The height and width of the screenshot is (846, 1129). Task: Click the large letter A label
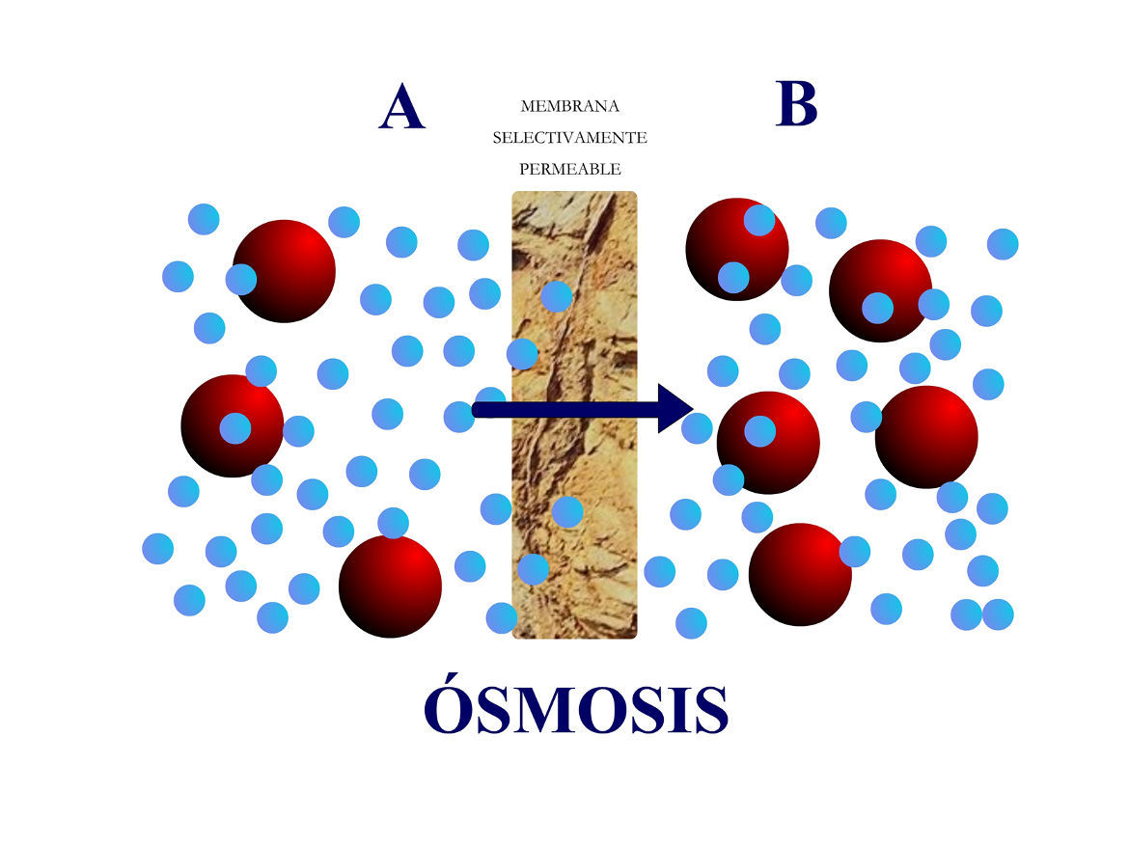[401, 107]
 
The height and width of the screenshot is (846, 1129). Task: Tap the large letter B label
[796, 104]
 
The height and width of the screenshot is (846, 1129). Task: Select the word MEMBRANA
[569, 106]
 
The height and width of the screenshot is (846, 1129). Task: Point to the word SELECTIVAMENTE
[569, 138]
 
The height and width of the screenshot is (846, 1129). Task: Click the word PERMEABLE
[569, 169]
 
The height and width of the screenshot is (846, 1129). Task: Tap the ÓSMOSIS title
[575, 711]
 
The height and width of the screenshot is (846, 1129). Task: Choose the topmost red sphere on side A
[285, 271]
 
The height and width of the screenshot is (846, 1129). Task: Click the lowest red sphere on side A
[390, 586]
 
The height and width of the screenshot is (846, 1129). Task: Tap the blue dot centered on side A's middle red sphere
[234, 427]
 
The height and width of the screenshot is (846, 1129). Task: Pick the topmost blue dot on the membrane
[556, 296]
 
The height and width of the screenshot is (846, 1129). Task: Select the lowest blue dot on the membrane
[533, 569]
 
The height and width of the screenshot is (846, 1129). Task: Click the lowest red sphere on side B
[800, 574]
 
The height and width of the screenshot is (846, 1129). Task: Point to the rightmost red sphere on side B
[926, 436]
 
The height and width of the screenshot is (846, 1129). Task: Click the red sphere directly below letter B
[737, 249]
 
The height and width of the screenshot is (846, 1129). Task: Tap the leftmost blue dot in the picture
[157, 548]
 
